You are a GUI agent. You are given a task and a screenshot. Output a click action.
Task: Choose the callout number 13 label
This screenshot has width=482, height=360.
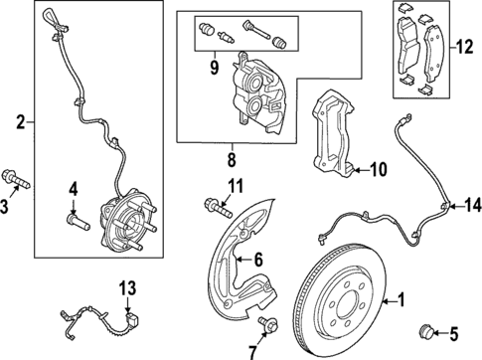[x=125, y=288]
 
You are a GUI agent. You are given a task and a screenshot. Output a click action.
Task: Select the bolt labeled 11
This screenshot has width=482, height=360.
[x=215, y=206]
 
